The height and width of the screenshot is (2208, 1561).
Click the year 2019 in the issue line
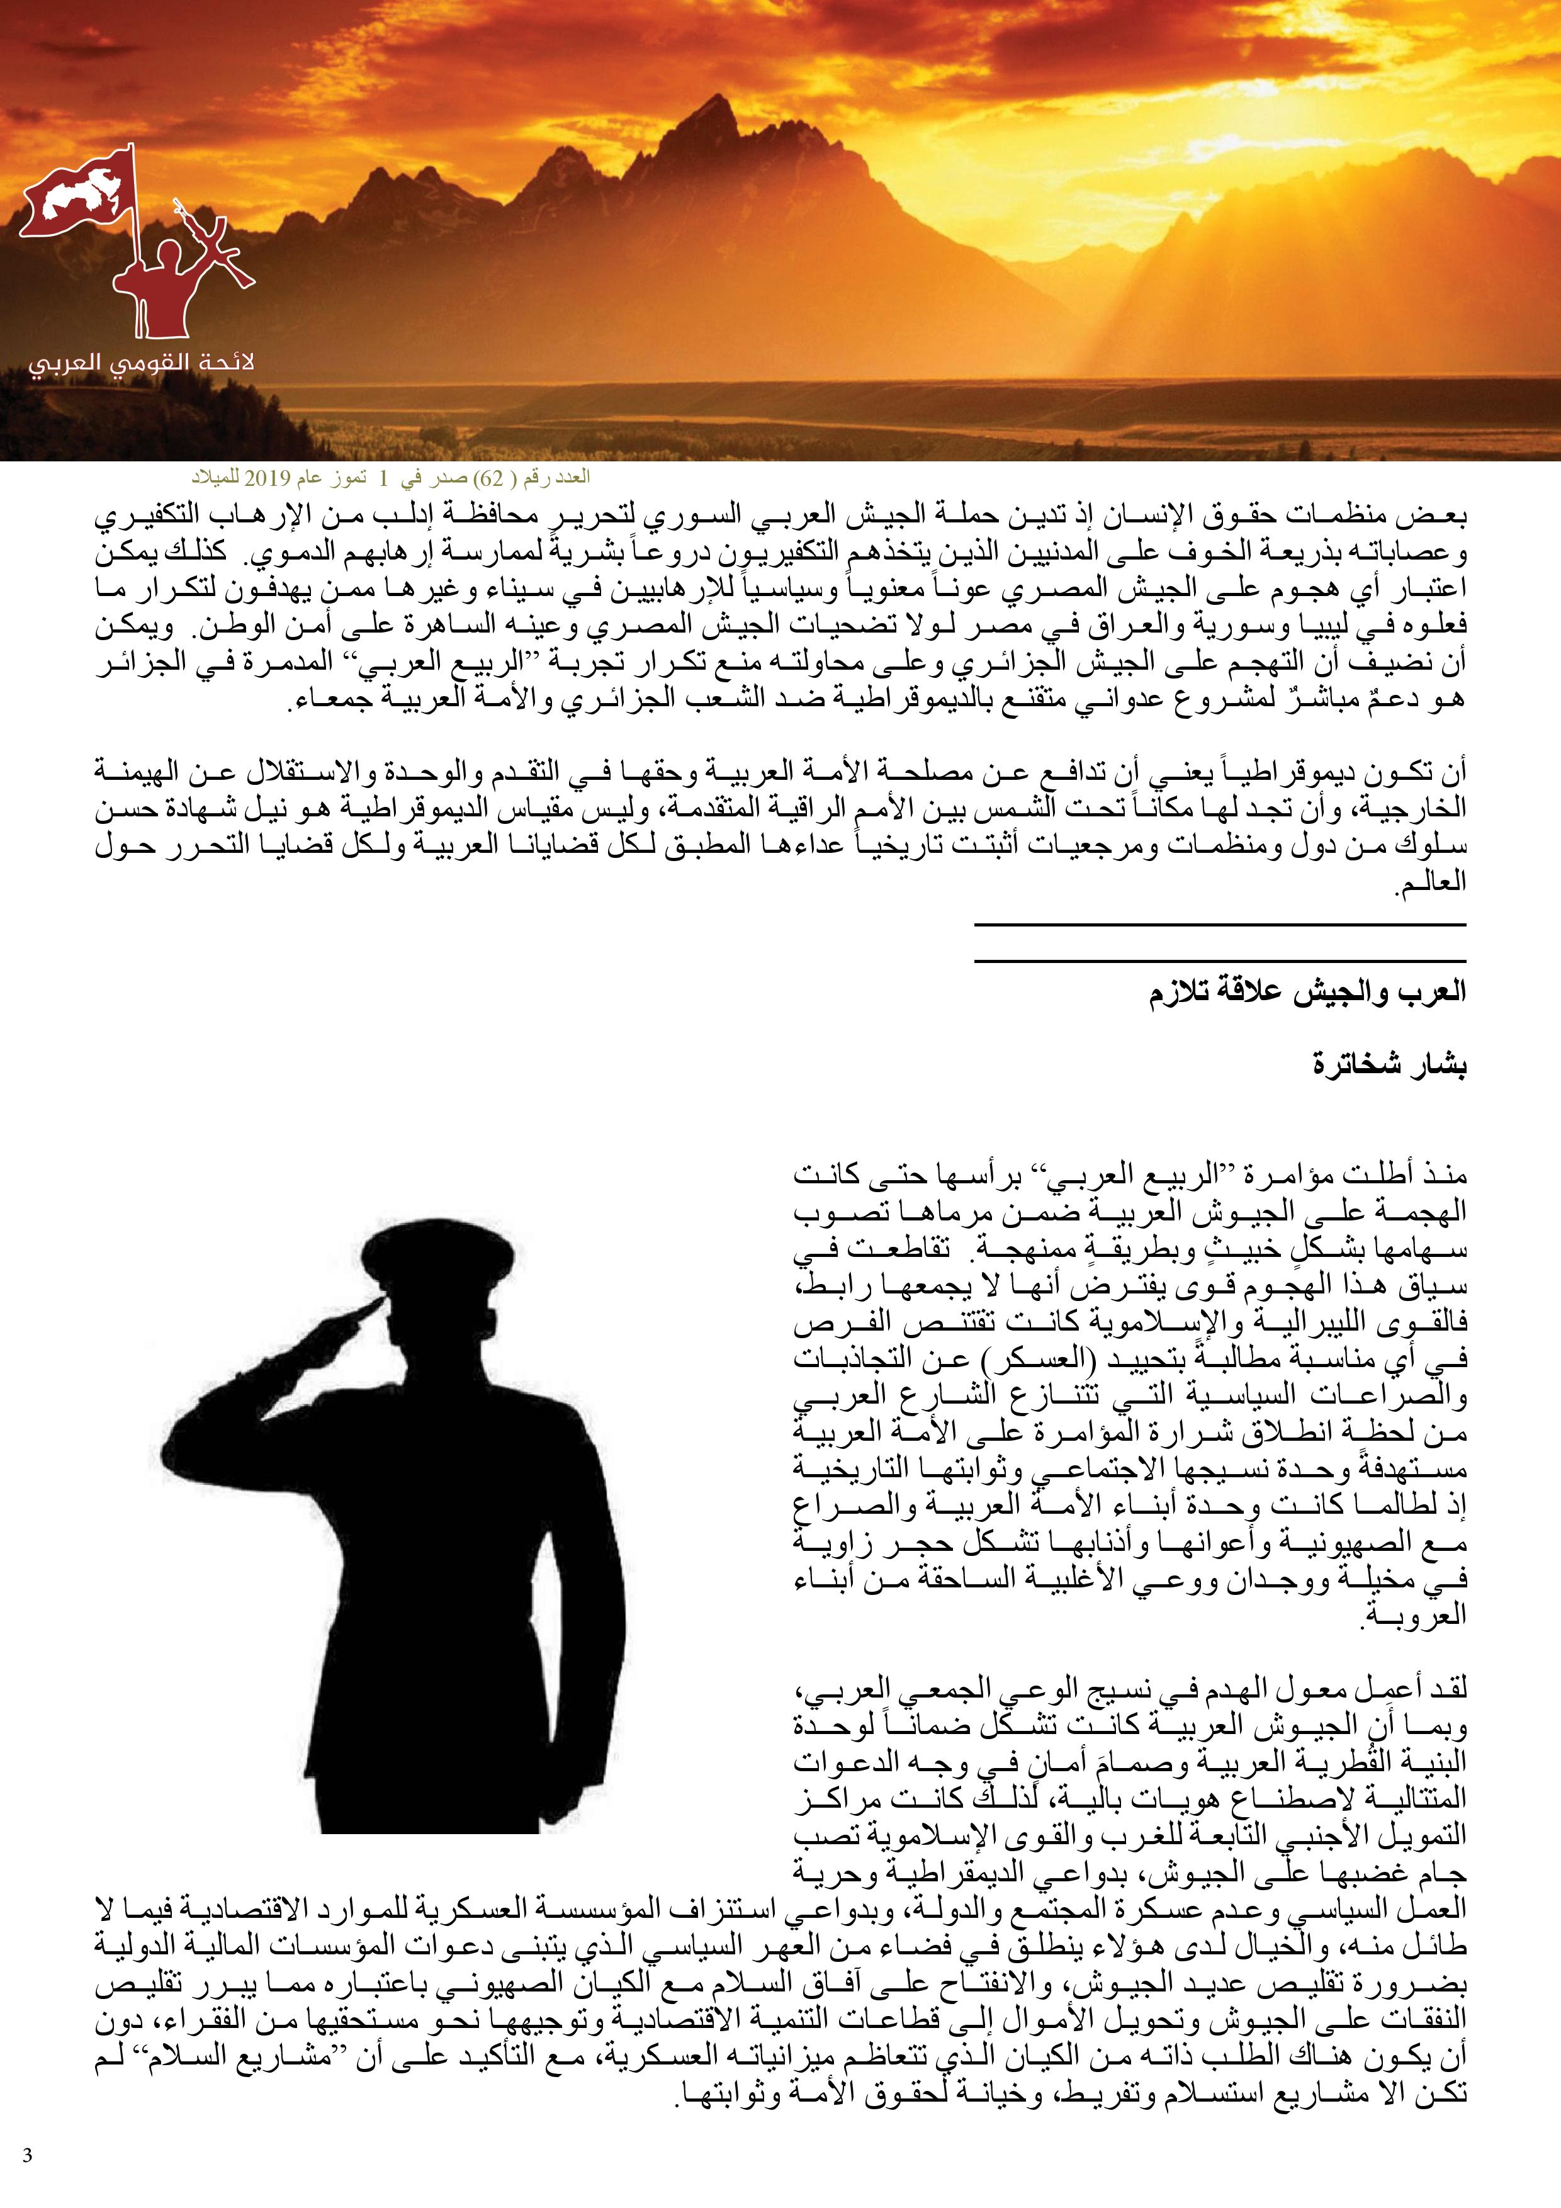pyautogui.click(x=261, y=477)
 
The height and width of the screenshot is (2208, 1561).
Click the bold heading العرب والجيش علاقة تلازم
pyautogui.click(x=1307, y=993)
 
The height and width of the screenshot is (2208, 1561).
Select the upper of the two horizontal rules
pyautogui.click(x=1220, y=925)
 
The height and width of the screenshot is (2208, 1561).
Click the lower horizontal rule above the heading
pyautogui.click(x=1220, y=960)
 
